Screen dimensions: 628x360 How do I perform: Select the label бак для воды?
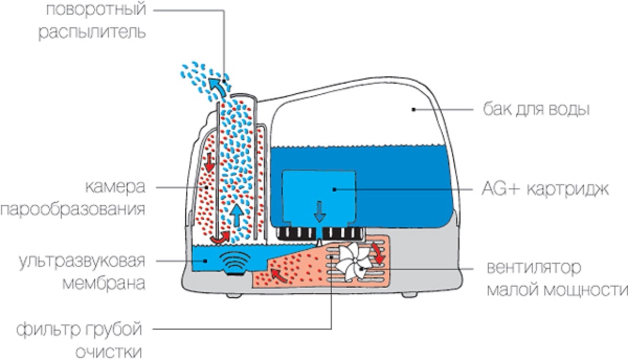click(x=536, y=109)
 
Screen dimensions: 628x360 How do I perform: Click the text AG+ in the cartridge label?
click(x=501, y=189)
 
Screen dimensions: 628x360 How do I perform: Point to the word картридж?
click(x=568, y=190)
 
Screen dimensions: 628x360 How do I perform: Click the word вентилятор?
click(x=534, y=268)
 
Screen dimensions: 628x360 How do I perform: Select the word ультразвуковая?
click(x=82, y=262)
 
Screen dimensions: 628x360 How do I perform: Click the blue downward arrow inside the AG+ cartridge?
click(x=320, y=212)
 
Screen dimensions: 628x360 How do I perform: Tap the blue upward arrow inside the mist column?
click(x=237, y=215)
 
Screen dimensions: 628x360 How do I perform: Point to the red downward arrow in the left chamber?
click(x=209, y=163)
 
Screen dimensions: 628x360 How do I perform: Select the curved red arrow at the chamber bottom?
click(x=220, y=238)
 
